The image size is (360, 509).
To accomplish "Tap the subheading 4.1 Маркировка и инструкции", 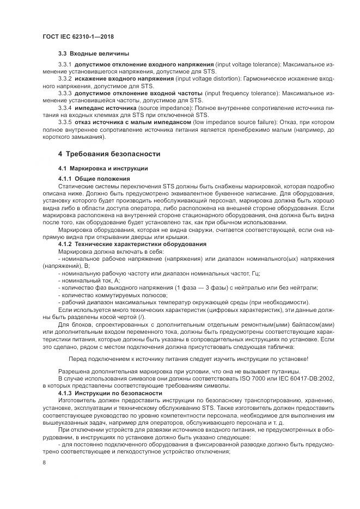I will click(x=102, y=168).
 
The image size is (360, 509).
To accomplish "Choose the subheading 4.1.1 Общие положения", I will click(x=94, y=179).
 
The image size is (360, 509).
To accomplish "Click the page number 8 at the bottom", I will click(x=44, y=463).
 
